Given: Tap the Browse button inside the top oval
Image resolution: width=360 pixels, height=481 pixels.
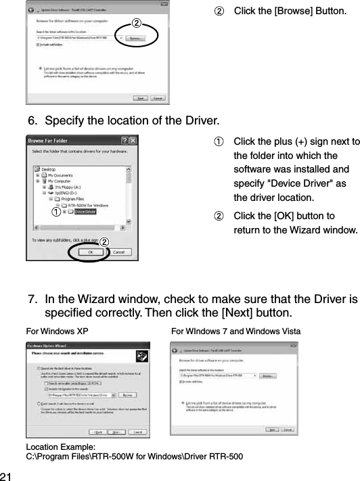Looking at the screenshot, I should (136, 39).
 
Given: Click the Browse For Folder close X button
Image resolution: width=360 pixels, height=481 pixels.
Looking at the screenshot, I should (133, 141).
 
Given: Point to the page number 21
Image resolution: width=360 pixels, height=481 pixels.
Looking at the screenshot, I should (7, 474).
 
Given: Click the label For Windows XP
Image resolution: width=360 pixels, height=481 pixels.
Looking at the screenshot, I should (56, 331).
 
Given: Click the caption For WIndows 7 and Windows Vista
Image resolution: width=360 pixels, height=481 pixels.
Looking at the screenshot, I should (235, 331).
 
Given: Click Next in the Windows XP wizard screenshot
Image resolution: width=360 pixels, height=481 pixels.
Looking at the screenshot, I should (118, 431).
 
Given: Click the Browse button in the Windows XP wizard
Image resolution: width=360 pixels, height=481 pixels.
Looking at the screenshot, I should (125, 394).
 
